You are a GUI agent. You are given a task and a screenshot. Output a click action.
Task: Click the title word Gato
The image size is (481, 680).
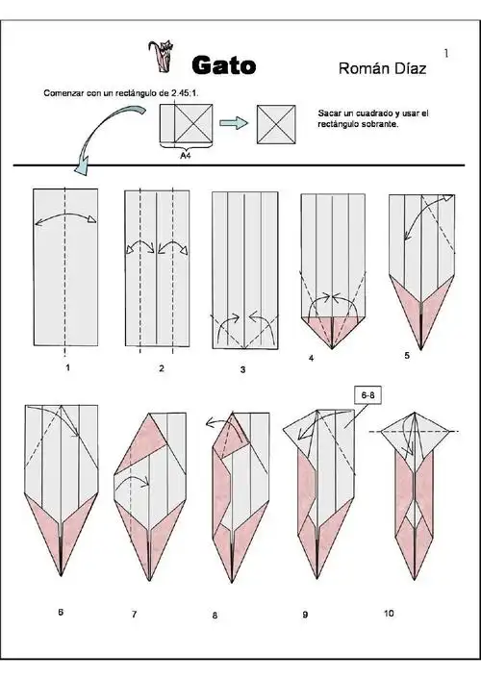(224, 65)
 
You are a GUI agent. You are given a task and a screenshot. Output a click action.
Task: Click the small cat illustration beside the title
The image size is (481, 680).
(162, 56)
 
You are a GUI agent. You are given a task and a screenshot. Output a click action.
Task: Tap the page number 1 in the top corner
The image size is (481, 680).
(446, 53)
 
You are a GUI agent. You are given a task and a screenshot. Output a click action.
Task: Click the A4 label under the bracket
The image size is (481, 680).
(186, 155)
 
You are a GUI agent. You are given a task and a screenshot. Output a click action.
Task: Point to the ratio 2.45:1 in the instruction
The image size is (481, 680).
(185, 92)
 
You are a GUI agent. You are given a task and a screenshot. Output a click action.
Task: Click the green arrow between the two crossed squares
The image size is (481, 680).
(234, 123)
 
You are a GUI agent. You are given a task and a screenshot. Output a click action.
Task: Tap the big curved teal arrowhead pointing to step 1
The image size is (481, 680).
(82, 167)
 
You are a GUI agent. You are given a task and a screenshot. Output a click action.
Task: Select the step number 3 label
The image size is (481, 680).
(242, 370)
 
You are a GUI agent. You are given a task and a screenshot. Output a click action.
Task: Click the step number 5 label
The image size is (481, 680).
(407, 356)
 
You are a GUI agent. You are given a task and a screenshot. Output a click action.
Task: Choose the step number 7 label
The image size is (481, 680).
(134, 614)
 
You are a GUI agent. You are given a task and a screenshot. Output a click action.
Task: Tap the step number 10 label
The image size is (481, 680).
(389, 614)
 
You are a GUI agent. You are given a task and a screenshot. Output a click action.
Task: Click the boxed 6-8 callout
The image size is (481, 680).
(367, 395)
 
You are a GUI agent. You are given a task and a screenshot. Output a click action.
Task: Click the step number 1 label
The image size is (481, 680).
(67, 367)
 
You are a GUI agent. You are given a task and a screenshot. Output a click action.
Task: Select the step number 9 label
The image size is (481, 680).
(305, 615)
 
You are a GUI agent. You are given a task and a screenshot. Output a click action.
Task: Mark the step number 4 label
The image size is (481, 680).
(311, 358)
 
